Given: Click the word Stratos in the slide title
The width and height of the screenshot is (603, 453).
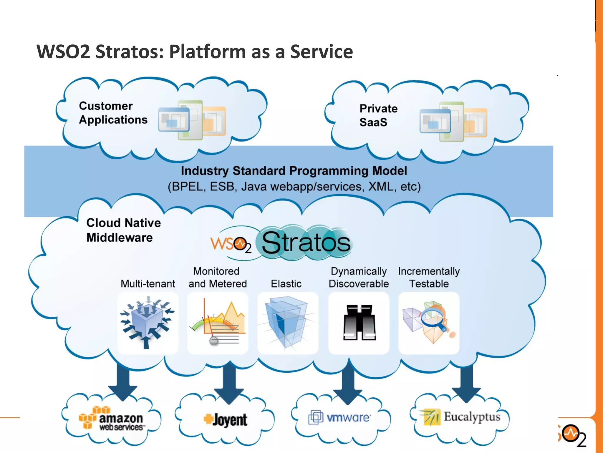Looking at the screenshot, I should pyautogui.click(x=129, y=52).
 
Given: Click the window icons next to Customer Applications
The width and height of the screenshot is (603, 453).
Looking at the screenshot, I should pyautogui.click(x=192, y=120).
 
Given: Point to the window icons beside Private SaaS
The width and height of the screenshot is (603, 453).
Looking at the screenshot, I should pyautogui.click(x=453, y=122).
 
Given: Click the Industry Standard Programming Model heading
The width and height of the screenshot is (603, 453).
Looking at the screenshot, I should pyautogui.click(x=294, y=171).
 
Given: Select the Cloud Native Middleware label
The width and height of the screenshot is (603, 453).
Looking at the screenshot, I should pyautogui.click(x=123, y=230).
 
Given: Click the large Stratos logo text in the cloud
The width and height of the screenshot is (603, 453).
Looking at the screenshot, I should pyautogui.click(x=306, y=243).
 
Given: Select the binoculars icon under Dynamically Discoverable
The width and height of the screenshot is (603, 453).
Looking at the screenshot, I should pyautogui.click(x=359, y=323).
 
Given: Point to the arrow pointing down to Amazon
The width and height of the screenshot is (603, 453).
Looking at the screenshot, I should pyautogui.click(x=123, y=383).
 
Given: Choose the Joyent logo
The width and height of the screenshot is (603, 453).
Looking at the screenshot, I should pyautogui.click(x=226, y=420).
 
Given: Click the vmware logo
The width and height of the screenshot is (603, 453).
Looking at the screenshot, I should pyautogui.click(x=340, y=417).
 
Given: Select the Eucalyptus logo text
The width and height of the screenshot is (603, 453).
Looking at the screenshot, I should pyautogui.click(x=472, y=417).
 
